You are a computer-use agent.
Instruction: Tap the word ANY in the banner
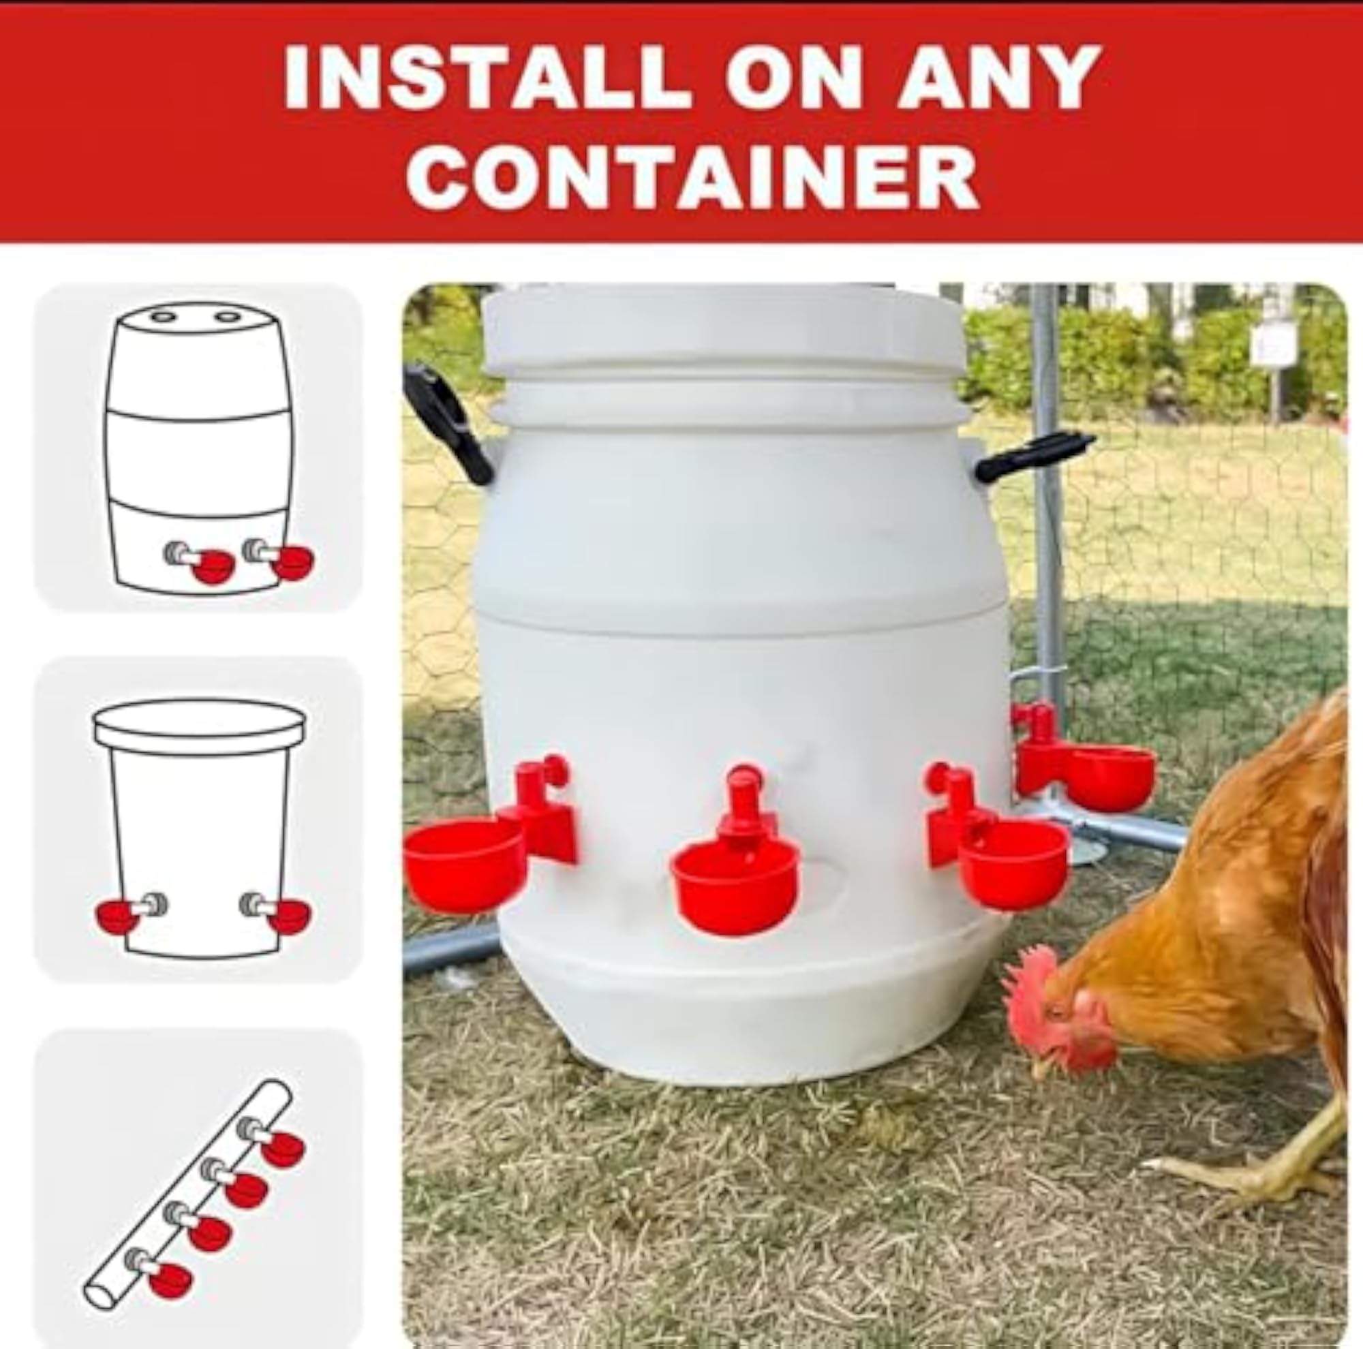[999, 78]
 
